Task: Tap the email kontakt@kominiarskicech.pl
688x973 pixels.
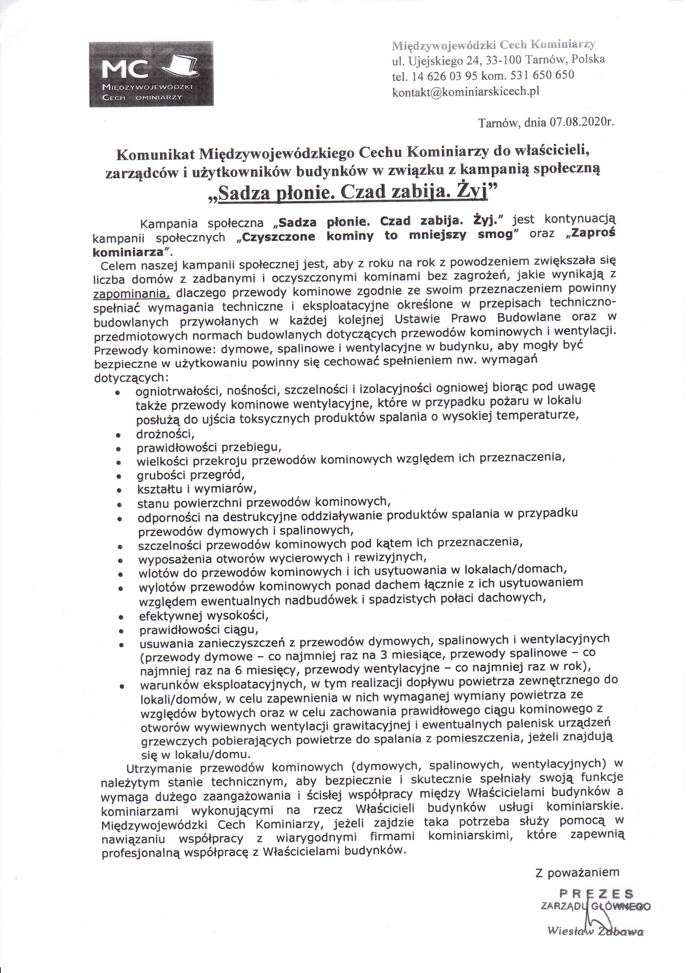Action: click(x=465, y=92)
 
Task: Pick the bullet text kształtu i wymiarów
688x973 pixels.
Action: click(x=197, y=489)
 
